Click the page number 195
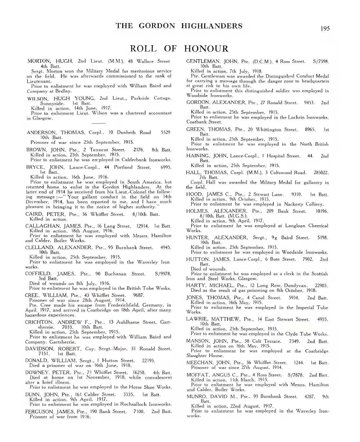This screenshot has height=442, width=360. tap(325, 28)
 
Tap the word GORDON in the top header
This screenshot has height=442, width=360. tap(157, 26)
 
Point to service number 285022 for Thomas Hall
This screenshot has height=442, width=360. tap(321, 172)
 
